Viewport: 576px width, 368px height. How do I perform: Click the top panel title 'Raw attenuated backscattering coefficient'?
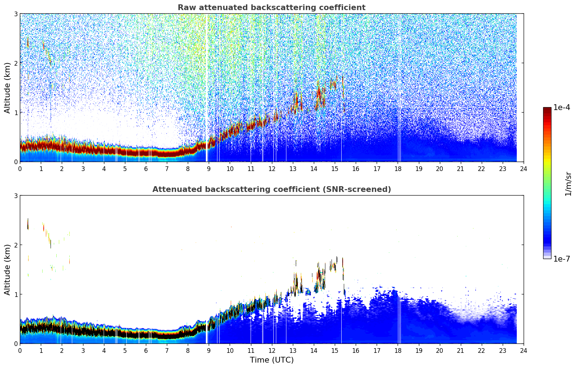[x=272, y=8]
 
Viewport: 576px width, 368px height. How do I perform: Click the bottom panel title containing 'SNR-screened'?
[x=272, y=189]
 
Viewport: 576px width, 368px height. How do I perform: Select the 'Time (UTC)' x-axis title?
[x=272, y=360]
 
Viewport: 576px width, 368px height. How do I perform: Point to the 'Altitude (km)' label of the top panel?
[x=8, y=88]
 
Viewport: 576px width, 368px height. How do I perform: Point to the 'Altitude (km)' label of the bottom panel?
[x=8, y=270]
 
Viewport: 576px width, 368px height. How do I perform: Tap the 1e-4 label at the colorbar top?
[x=562, y=108]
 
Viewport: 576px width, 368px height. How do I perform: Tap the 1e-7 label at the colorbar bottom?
[x=562, y=259]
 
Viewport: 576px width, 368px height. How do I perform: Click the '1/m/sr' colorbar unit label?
[x=568, y=184]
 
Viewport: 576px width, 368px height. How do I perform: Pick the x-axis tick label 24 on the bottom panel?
[x=524, y=350]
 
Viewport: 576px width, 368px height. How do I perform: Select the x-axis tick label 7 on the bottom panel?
[x=167, y=350]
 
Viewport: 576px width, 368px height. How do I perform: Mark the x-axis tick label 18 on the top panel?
[x=398, y=168]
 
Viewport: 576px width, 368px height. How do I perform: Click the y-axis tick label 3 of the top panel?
[x=16, y=14]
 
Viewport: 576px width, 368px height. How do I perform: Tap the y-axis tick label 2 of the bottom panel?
[x=16, y=245]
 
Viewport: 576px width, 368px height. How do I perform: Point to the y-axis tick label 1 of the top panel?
[x=16, y=113]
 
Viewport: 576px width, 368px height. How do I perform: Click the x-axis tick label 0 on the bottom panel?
[x=20, y=350]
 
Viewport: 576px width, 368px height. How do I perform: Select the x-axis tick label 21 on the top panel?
[x=460, y=168]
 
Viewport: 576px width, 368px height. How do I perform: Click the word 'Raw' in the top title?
[x=186, y=8]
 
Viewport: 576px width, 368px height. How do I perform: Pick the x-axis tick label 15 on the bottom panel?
[x=335, y=350]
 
